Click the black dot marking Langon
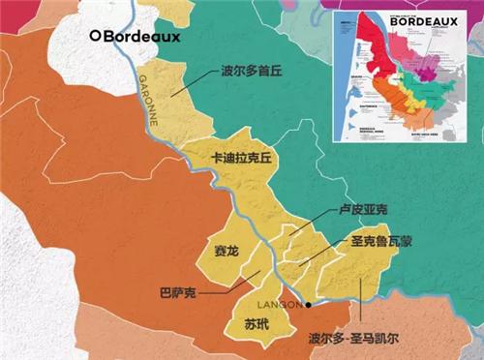click(x=309, y=305)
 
